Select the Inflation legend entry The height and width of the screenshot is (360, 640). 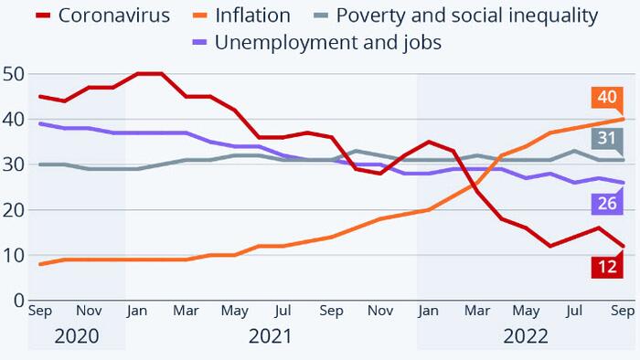point(251,16)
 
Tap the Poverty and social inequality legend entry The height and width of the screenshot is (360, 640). point(466,16)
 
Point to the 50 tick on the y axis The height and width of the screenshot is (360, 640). point(13,74)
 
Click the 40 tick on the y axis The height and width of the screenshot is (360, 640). point(13,120)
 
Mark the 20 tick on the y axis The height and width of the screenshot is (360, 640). point(13,209)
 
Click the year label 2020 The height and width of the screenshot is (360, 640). point(77,336)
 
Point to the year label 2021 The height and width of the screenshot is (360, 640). point(271,336)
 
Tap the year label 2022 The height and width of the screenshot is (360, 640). point(525,336)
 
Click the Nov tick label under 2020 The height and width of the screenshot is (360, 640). point(89,312)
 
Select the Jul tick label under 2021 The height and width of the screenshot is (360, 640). point(283,312)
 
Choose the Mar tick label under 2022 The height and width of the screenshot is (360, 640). point(477,312)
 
